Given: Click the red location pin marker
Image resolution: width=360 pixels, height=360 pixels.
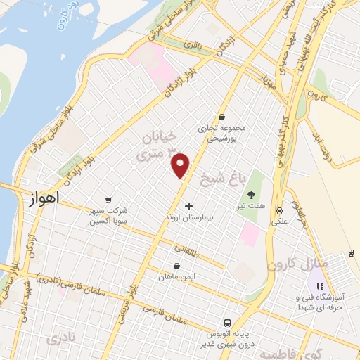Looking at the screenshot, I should [181, 165].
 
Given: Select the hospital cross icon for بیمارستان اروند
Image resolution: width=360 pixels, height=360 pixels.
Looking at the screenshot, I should [188, 207].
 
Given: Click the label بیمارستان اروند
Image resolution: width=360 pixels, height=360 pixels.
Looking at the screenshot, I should [188, 219].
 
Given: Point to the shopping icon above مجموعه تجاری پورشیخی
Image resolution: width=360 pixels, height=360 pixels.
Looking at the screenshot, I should [222, 117].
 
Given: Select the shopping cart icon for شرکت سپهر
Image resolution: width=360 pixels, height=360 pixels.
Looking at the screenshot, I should [108, 200].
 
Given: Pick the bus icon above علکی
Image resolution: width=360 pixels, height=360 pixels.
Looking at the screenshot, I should [279, 210].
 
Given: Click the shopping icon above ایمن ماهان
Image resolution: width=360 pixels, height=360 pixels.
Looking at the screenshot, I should [176, 266].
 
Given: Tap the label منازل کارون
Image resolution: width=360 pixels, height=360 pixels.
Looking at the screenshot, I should [292, 266].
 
